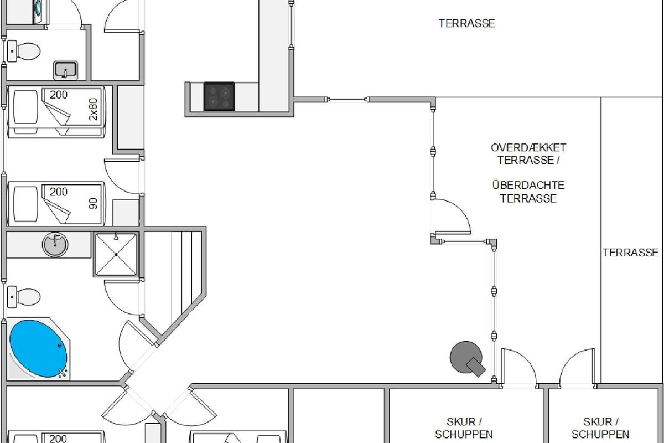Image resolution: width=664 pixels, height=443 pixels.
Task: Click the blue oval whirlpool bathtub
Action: click(x=38, y=349)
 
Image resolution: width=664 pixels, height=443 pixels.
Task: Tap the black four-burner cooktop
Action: click(x=219, y=96)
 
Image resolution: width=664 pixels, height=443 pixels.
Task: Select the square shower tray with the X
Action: click(x=116, y=255)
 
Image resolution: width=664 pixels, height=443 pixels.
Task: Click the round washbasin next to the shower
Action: click(x=55, y=244)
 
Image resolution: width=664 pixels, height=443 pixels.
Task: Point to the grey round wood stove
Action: click(x=467, y=358)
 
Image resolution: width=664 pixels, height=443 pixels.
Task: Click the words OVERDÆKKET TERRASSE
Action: click(x=528, y=154)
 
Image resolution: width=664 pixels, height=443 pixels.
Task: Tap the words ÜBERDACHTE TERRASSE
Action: click(x=528, y=192)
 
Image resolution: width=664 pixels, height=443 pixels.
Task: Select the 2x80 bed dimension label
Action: click(x=93, y=109)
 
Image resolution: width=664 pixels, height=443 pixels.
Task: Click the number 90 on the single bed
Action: click(x=93, y=204)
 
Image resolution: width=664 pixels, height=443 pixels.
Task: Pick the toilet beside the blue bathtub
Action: click(x=24, y=297)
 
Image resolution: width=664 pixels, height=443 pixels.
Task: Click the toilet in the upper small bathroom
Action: click(x=24, y=51)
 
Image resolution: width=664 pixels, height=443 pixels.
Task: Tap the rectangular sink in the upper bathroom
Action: click(x=65, y=71)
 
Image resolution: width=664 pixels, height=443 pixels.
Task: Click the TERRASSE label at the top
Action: click(x=467, y=23)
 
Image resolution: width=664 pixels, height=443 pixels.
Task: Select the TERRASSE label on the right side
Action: click(x=630, y=253)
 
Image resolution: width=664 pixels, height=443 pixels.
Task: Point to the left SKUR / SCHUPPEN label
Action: click(x=464, y=428)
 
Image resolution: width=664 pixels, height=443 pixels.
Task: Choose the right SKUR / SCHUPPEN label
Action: click(x=600, y=428)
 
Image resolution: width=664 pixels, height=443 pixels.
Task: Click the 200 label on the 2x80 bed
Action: click(x=59, y=95)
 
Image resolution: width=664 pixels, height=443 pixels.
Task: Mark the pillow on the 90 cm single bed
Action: click(x=26, y=204)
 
